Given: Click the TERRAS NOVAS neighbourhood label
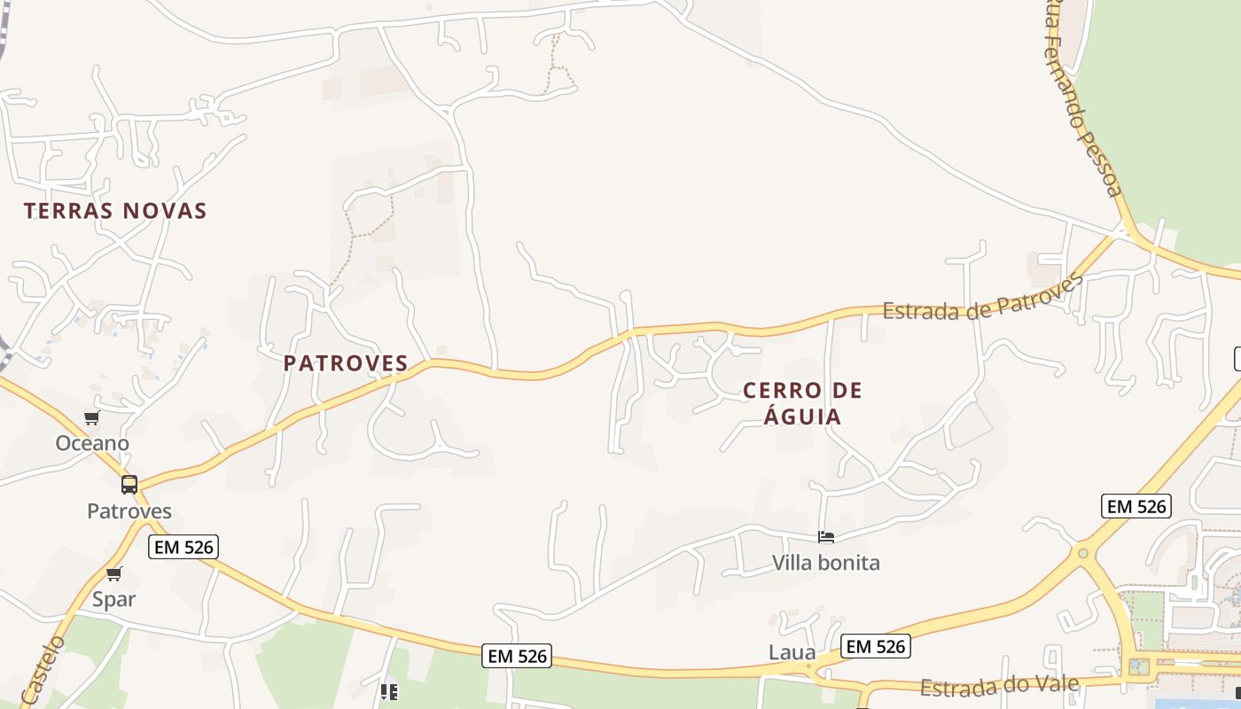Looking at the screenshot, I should click(115, 211).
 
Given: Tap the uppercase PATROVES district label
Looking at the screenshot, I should click(346, 363).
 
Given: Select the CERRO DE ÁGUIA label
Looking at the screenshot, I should click(802, 403).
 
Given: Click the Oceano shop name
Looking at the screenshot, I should click(92, 443).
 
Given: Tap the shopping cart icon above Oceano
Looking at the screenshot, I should click(91, 418).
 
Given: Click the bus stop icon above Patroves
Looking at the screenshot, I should click(129, 485).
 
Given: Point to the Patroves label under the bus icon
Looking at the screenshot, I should click(129, 511).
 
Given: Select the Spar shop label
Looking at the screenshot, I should click(114, 599).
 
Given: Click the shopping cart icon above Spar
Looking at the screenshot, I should click(113, 574).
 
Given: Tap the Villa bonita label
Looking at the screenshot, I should click(826, 563).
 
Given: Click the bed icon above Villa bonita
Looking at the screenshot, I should click(826, 537).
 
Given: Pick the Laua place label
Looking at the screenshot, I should click(792, 653).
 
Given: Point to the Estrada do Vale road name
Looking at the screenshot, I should click(999, 686).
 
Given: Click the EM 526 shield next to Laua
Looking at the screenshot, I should click(875, 647).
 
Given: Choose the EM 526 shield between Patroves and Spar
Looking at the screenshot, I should click(183, 547).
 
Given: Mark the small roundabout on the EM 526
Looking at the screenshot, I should click(1082, 554).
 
